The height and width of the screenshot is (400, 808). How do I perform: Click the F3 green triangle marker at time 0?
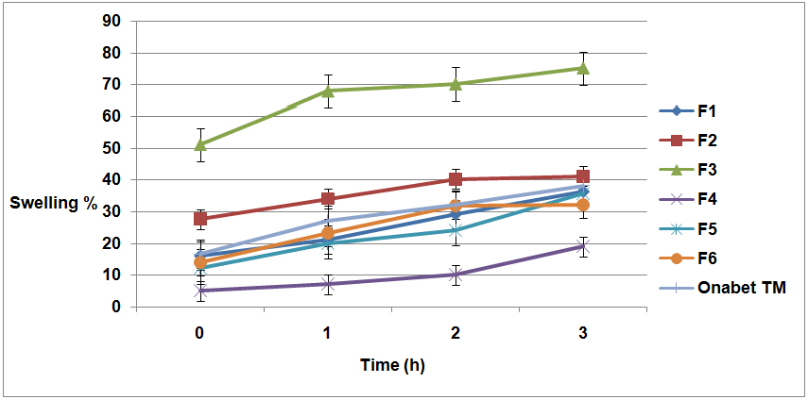tap(200, 143)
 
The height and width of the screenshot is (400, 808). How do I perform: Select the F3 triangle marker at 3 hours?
tap(583, 68)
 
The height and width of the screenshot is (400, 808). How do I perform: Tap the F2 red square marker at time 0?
tap(200, 219)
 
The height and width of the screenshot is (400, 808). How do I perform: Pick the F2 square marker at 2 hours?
tap(456, 179)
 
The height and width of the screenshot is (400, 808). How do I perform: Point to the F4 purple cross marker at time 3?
tap(583, 246)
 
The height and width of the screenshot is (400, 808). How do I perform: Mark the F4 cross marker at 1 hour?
tap(328, 284)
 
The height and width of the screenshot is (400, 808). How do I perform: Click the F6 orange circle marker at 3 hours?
tap(583, 205)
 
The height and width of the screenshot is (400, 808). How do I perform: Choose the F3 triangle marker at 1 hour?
tap(328, 91)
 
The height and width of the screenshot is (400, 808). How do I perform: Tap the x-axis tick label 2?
tap(456, 333)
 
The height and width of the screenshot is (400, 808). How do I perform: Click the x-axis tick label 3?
tap(583, 333)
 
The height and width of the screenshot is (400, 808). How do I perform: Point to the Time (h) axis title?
tap(392, 365)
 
